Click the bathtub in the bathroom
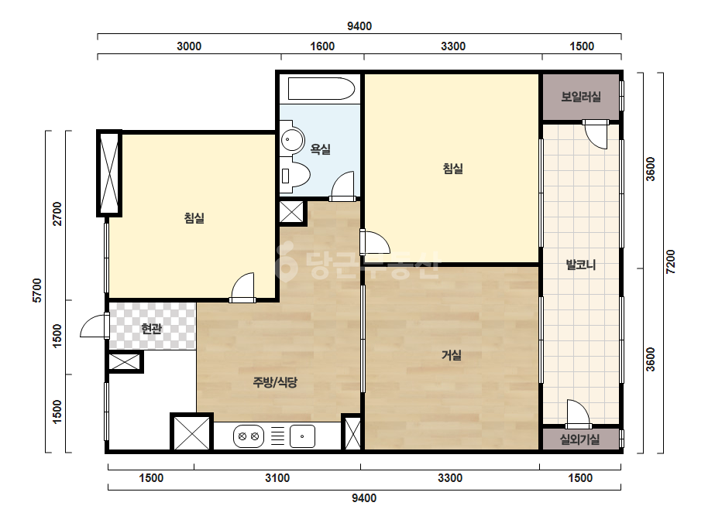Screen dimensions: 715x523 click(321, 89)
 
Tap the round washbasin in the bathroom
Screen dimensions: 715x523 click(292, 139)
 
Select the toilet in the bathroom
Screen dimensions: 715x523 click(294, 175)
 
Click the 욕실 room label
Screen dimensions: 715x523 click(320, 149)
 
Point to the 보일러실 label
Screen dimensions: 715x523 click(580, 97)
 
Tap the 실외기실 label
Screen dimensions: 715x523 click(579, 439)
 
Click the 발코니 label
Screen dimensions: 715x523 click(580, 265)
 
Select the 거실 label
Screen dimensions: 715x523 click(452, 355)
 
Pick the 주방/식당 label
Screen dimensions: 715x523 click(274, 381)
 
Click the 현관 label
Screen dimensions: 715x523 click(151, 328)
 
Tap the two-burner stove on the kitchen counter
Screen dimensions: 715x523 click(249, 436)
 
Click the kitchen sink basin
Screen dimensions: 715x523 click(302, 436)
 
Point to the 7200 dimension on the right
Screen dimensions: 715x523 click(670, 261)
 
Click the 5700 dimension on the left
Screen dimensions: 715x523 click(37, 290)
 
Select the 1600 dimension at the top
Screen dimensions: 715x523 click(322, 46)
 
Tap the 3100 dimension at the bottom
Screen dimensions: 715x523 click(277, 478)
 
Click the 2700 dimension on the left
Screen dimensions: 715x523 click(57, 214)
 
